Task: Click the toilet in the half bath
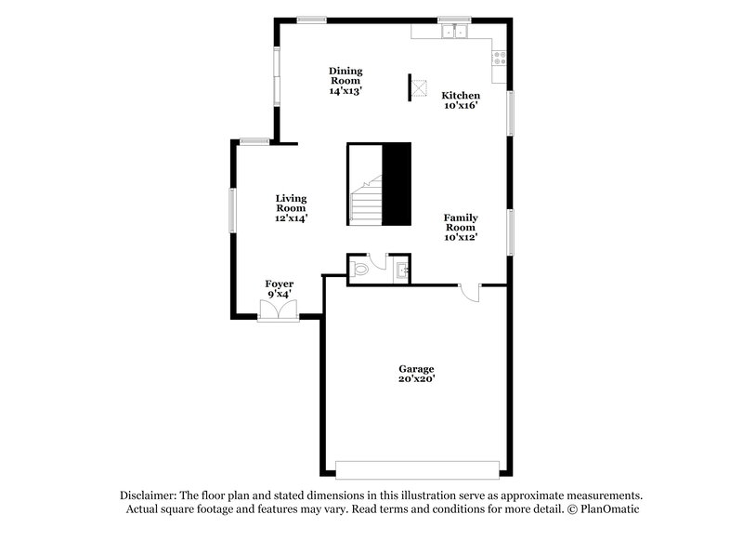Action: (360, 270)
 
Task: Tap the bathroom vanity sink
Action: (400, 270)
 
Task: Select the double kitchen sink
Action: (455, 32)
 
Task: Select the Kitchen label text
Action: (460, 96)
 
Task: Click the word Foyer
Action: (280, 284)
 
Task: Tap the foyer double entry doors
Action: (279, 310)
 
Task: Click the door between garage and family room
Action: (471, 292)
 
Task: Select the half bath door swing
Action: (377, 263)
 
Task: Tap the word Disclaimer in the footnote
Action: (148, 495)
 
